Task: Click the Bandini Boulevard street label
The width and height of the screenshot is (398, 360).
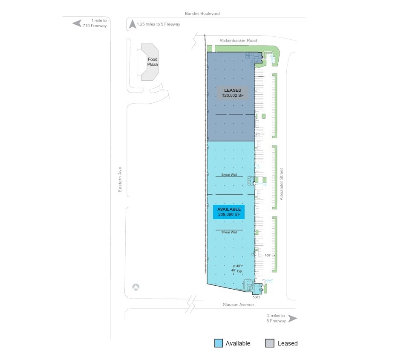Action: coord(202,14)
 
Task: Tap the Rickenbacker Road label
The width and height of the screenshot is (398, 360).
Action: coord(238,41)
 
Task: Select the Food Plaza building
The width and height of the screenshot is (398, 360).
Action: coord(153,62)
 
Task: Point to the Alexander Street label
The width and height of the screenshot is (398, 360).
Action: coord(281,184)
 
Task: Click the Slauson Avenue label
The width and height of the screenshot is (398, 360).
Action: coord(238,305)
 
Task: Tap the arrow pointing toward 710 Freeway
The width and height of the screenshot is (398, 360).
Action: coord(77,23)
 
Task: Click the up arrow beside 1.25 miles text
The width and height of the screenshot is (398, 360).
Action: coord(133,24)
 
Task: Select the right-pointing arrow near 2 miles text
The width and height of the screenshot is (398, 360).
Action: coord(293,318)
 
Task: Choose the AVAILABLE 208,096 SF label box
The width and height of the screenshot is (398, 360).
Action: coord(229,212)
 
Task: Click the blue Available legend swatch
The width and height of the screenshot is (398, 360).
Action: coord(219,343)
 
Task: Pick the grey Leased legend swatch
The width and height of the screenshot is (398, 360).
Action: coord(270,343)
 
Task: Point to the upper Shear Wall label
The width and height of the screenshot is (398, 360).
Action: coord(229,175)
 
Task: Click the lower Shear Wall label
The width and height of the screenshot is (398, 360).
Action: coord(229,232)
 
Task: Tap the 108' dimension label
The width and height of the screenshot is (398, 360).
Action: coord(268,255)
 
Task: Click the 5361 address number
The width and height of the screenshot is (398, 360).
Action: coord(256,297)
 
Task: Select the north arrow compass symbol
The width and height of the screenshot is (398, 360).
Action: coord(136,287)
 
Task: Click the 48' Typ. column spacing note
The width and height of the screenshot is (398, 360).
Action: coord(236,268)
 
